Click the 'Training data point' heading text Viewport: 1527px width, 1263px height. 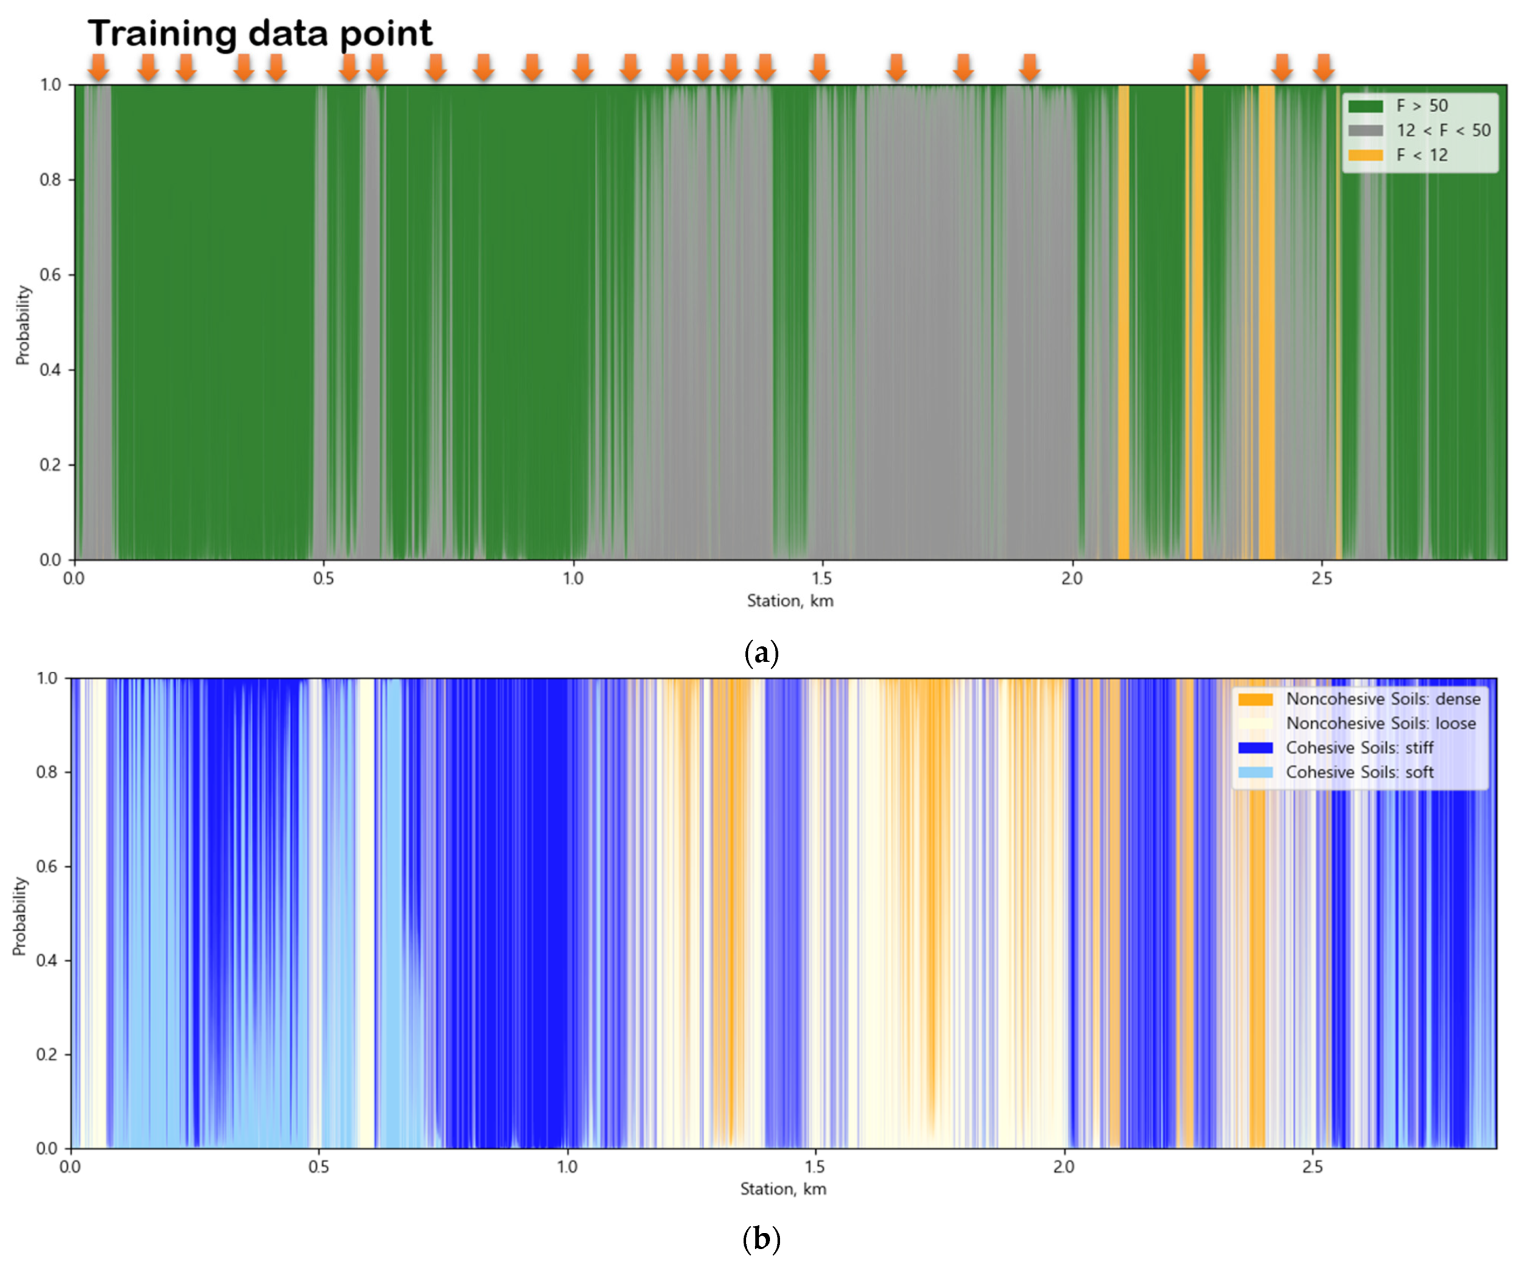pos(259,33)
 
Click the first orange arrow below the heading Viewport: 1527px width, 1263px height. pos(98,67)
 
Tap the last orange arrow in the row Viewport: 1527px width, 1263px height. pos(1323,67)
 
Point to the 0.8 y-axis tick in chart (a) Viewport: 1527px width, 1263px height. pos(50,180)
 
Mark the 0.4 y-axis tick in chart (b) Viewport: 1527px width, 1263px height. pos(47,961)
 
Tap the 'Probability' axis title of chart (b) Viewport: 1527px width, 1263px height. pos(19,916)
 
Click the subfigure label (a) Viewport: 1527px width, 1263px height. pos(761,653)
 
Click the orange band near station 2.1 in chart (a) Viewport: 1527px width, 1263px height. pos(1124,327)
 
